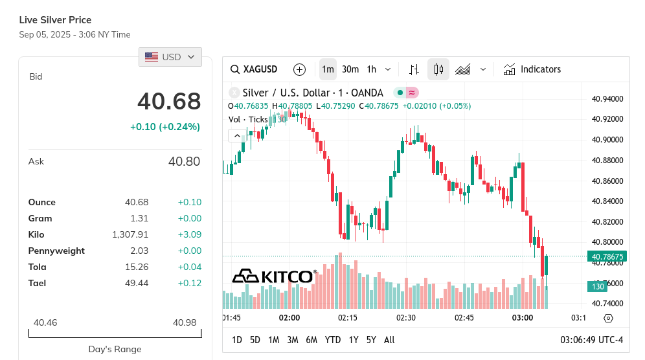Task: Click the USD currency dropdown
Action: [170, 57]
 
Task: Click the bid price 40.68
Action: [169, 102]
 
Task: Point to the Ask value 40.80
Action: [184, 161]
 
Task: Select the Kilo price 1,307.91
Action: [130, 234]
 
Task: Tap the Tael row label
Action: [37, 283]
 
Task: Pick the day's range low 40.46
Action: [45, 322]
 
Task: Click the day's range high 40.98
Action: [185, 322]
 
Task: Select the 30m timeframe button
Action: [350, 69]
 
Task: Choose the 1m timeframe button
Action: [328, 69]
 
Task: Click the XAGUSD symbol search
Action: [255, 69]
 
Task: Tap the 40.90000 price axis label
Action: [607, 140]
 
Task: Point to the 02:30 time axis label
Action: [406, 318]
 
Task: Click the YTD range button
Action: [333, 340]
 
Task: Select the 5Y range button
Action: [371, 340]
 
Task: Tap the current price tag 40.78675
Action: [607, 257]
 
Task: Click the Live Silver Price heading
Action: [55, 20]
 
